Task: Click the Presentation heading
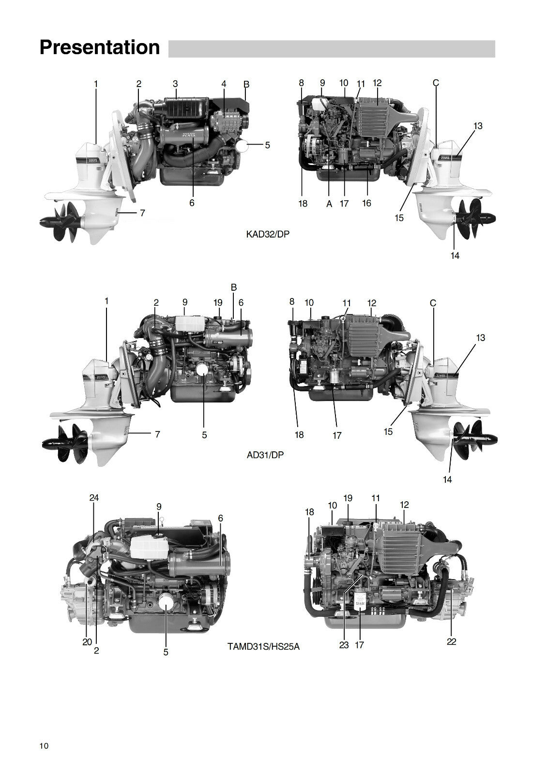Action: click(99, 48)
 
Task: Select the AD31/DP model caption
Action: click(265, 455)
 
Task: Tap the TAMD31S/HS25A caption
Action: click(263, 646)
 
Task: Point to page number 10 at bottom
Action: click(44, 745)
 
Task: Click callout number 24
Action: click(94, 498)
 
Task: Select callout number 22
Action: click(451, 641)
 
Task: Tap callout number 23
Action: click(344, 645)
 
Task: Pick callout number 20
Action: click(87, 642)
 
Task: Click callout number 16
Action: click(366, 203)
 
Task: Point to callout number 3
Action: click(175, 84)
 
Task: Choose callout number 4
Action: click(224, 84)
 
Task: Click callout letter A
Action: click(329, 204)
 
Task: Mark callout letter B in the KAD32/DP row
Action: click(246, 84)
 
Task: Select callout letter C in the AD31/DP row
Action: click(433, 303)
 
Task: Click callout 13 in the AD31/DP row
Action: click(480, 338)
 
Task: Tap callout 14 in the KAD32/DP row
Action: click(455, 255)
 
